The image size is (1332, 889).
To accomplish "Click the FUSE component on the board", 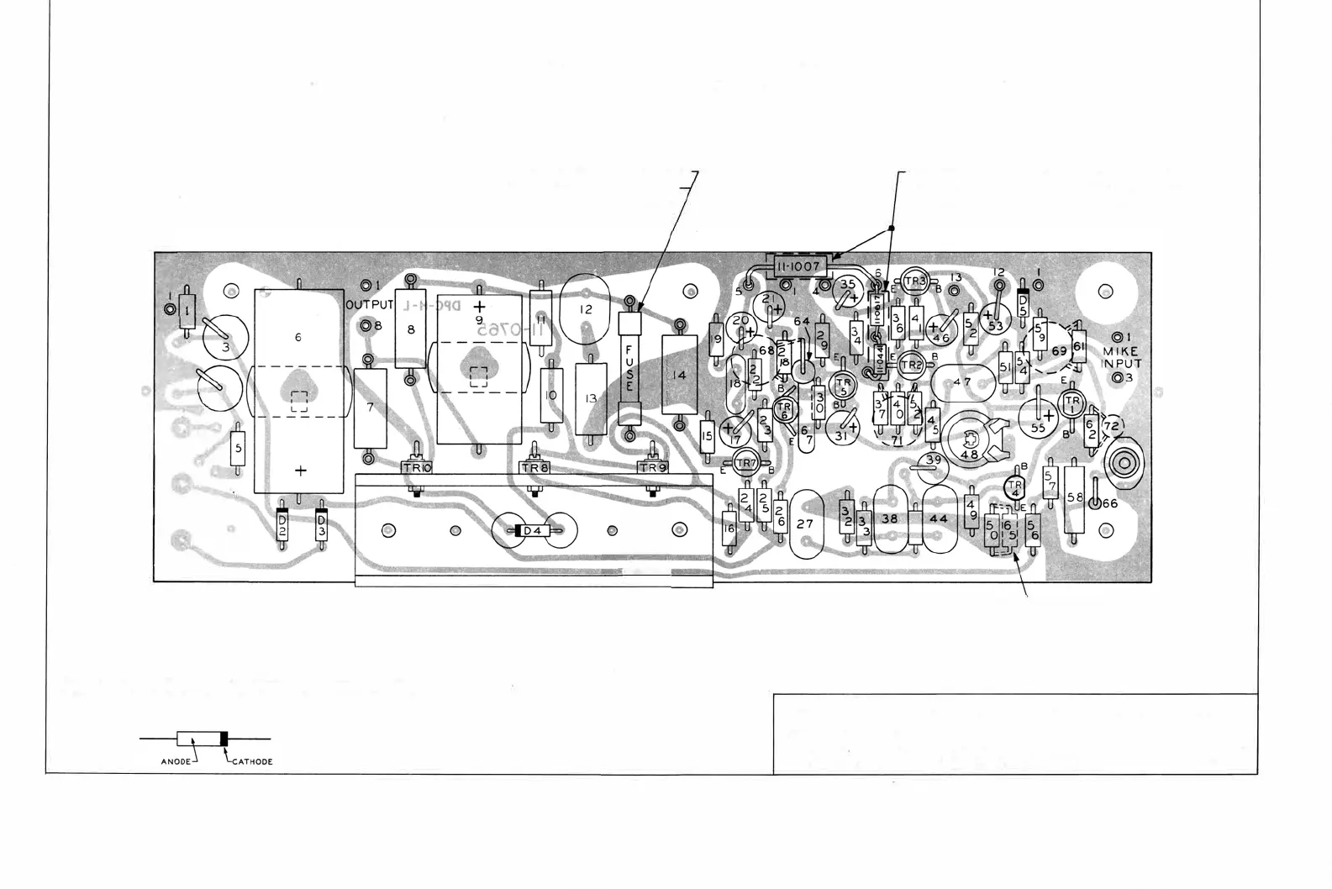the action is click(629, 367).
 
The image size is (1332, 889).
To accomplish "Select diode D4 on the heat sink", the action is click(532, 531).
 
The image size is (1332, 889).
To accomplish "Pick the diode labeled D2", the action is click(282, 527).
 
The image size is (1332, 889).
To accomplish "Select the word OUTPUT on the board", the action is click(370, 304).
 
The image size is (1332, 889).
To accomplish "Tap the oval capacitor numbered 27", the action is click(805, 523).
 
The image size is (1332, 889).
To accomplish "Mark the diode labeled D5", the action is click(1024, 302).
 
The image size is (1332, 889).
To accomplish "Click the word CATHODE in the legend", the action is click(251, 762).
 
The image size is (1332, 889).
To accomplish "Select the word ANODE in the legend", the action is click(177, 762).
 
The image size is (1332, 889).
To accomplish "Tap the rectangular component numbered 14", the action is click(680, 375).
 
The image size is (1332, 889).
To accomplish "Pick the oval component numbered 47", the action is click(962, 381).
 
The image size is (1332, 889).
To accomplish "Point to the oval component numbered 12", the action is click(587, 309).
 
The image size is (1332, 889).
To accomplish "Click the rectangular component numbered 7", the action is click(370, 408).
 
